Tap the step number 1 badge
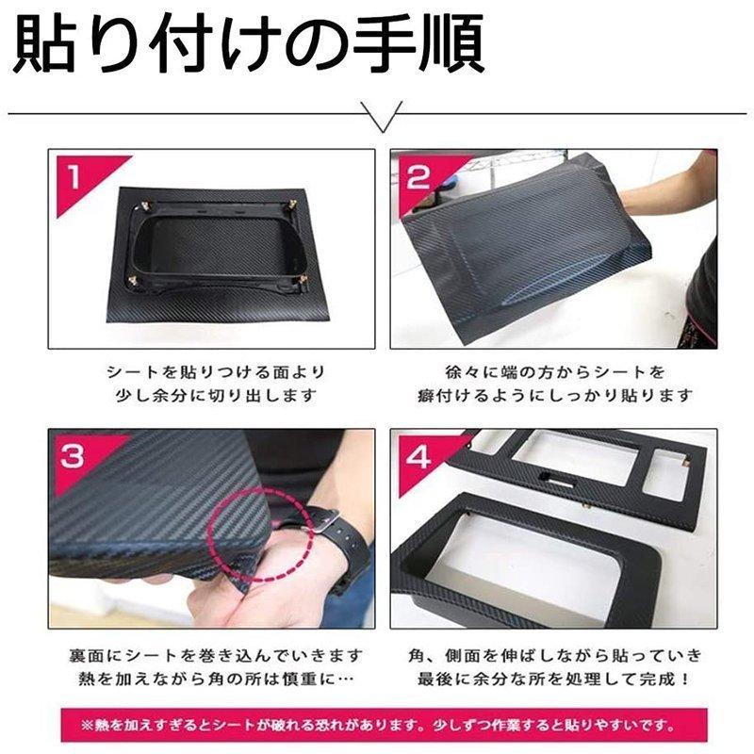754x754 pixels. (x=73, y=174)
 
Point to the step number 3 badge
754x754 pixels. (x=72, y=457)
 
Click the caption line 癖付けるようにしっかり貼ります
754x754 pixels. (x=553, y=396)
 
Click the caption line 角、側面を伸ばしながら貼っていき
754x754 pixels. (x=553, y=654)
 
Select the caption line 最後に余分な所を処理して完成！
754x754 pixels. (x=553, y=679)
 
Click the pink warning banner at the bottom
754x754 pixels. (x=377, y=726)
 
